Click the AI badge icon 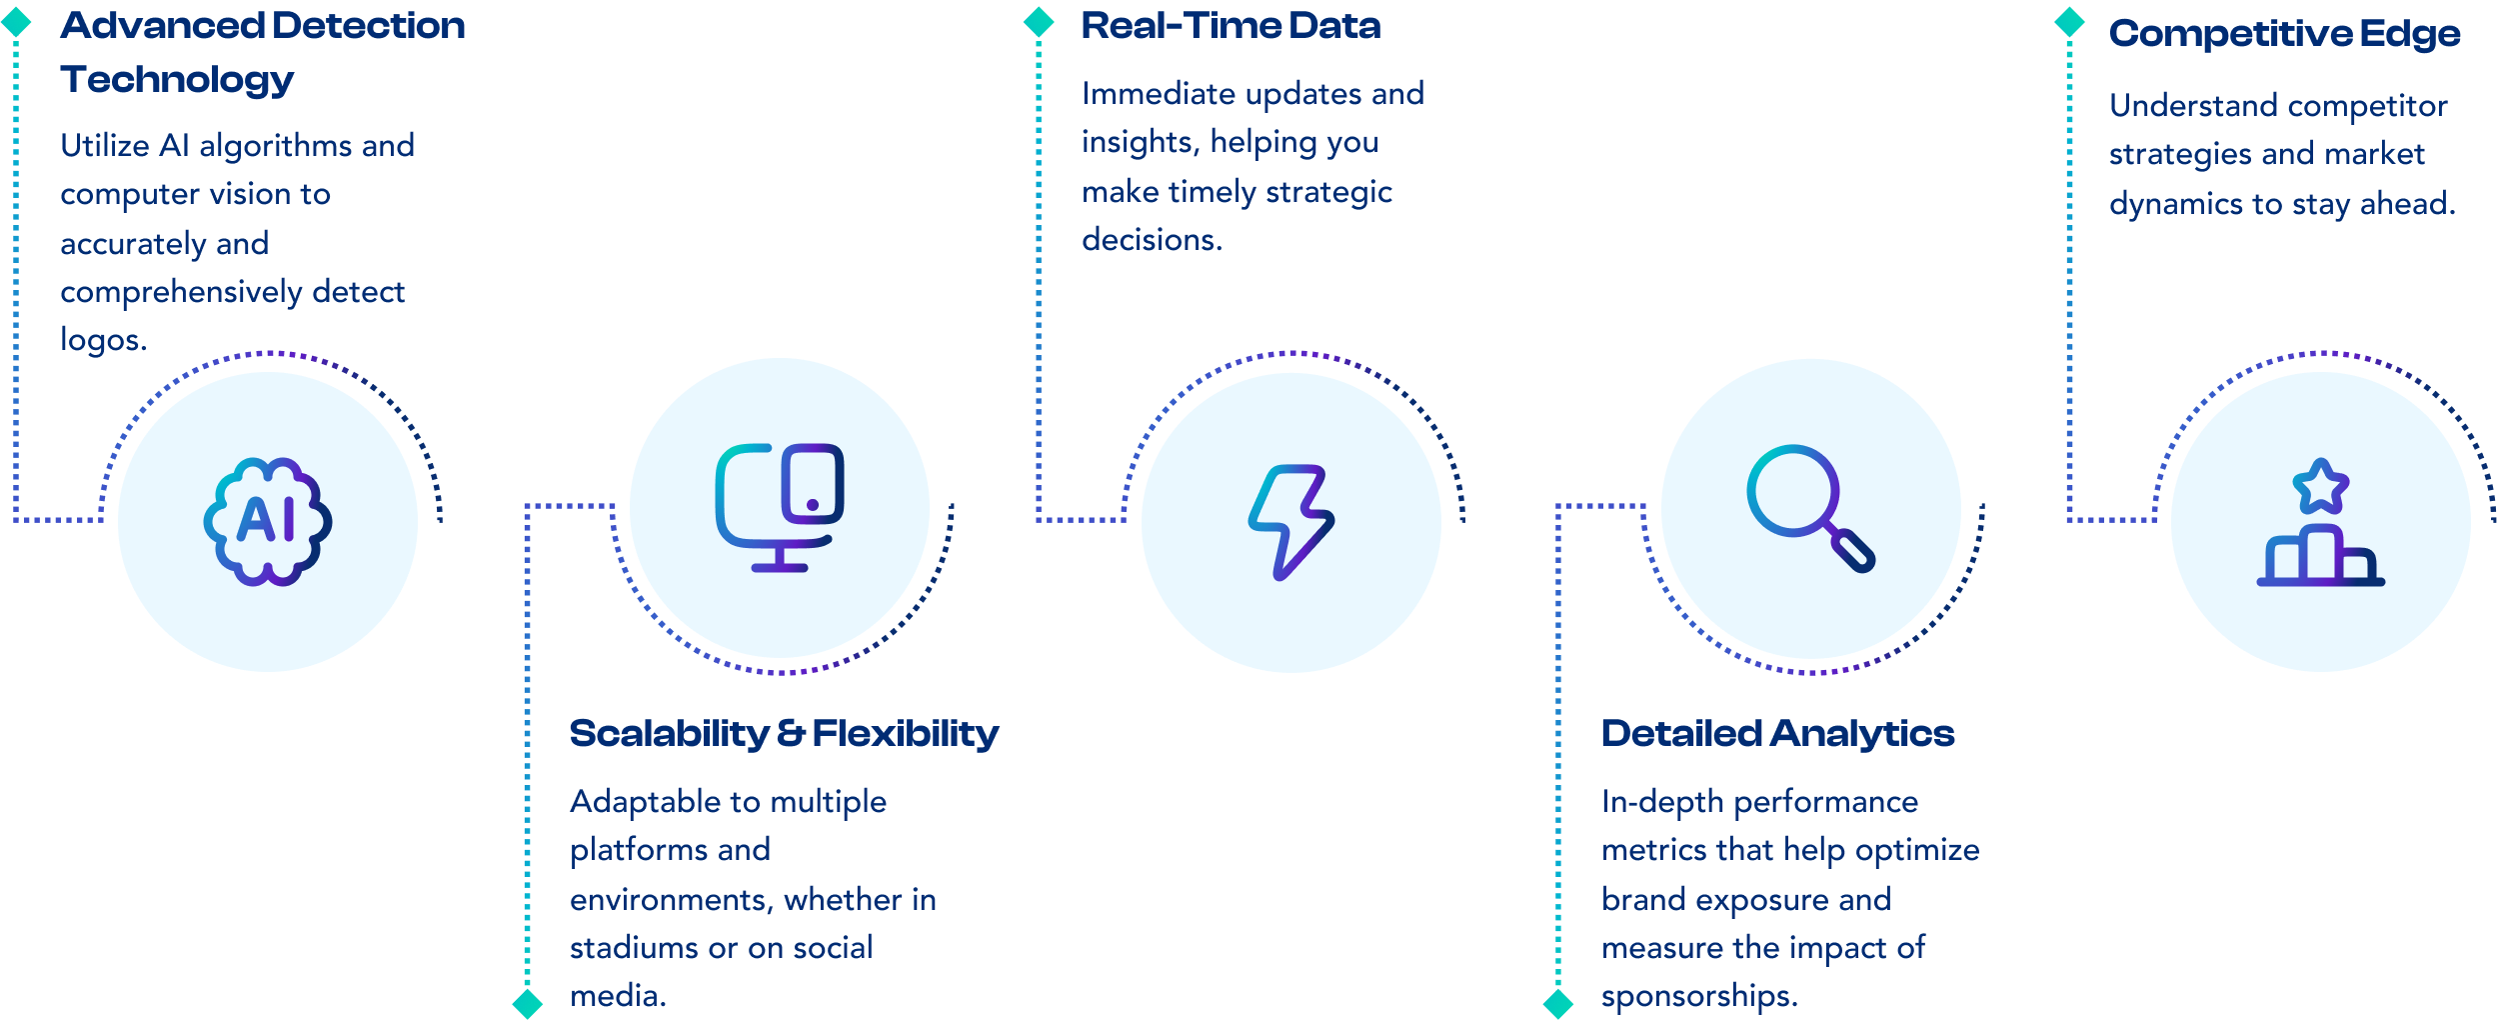[x=268, y=521]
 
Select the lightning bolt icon [x=1290, y=521]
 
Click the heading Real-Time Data [x=1231, y=26]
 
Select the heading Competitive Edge [x=2284, y=34]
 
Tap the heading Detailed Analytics [x=1777, y=734]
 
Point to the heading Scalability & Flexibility [x=784, y=734]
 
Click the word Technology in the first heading [x=177, y=80]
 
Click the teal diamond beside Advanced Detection [x=16, y=23]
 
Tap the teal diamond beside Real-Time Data [x=1039, y=22]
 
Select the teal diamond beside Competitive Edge [x=2069, y=22]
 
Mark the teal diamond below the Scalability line [x=528, y=1003]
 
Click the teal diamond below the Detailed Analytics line [x=1558, y=1003]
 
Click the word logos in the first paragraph [x=102, y=340]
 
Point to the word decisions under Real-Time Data [x=1151, y=240]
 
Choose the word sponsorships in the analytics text [x=1698, y=996]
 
